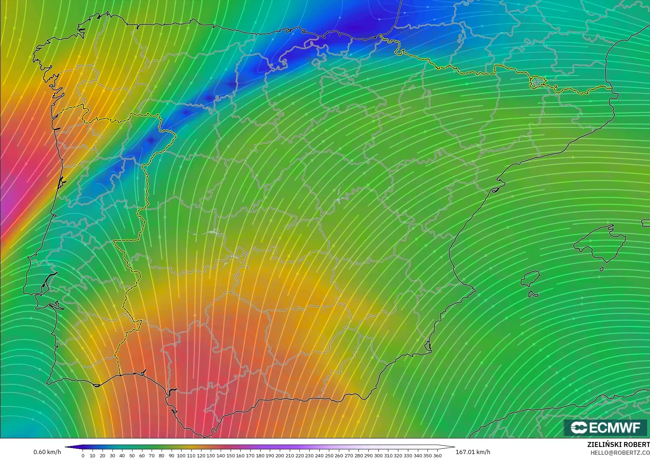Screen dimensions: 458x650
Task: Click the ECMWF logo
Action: (605, 427)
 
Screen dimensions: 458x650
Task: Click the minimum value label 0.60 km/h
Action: (47, 452)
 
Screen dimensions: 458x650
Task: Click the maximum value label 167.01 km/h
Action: (473, 452)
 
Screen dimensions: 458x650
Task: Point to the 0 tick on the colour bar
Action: (83, 455)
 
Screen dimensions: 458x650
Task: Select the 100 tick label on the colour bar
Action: (181, 455)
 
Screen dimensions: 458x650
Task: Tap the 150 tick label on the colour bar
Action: (230, 455)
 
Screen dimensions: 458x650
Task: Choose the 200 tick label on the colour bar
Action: (279, 455)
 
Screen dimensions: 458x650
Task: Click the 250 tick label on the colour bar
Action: (329, 455)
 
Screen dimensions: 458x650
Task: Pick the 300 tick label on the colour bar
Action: (378, 455)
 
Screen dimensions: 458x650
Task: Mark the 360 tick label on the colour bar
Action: (437, 455)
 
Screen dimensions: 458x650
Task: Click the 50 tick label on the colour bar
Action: (132, 455)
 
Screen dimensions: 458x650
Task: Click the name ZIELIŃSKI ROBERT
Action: (618, 444)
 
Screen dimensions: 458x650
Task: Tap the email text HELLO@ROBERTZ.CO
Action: (620, 453)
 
